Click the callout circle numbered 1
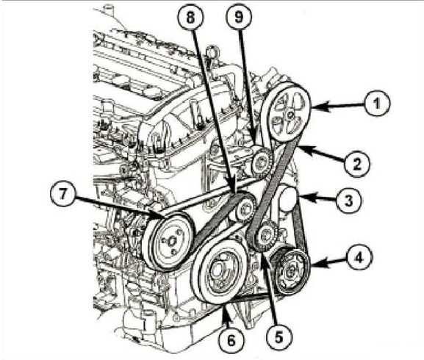pos(377,104)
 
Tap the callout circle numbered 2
pos(357,164)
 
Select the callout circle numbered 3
pos(349,201)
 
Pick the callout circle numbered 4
pos(359,258)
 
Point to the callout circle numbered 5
pos(279,336)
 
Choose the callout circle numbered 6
pos(231,340)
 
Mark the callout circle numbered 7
pos(62,193)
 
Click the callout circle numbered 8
pos(190,18)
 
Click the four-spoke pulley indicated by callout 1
pos(288,114)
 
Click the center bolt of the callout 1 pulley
pos(291,115)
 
